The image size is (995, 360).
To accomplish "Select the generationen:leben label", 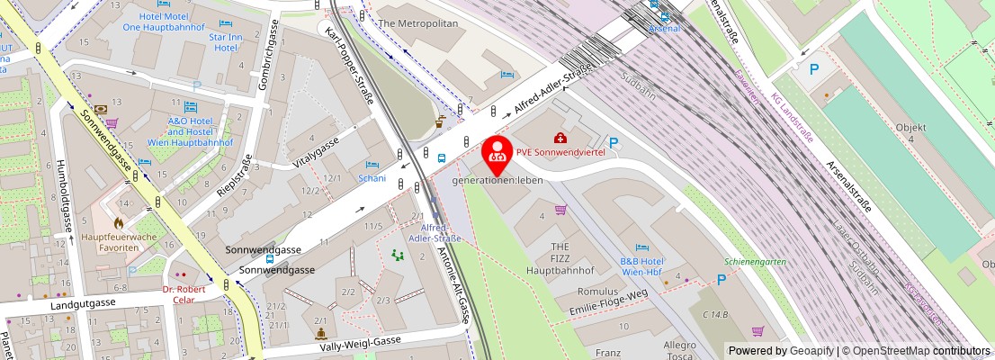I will tap(497, 180).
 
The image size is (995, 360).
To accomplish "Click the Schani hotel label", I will tap(372, 178).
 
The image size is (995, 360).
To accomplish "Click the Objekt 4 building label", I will tap(911, 134).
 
